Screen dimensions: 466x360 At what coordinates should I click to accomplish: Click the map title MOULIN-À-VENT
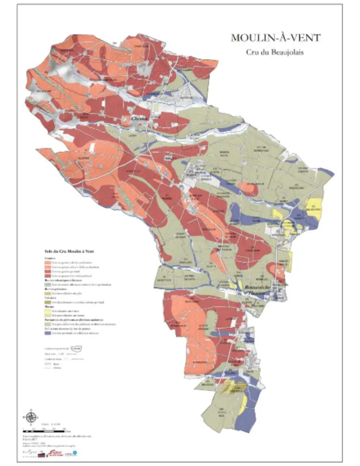pyautogui.click(x=275, y=38)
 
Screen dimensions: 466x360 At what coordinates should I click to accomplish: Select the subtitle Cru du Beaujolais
pyautogui.click(x=275, y=53)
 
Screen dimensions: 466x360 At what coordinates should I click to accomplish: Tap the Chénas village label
pyautogui.click(x=140, y=119)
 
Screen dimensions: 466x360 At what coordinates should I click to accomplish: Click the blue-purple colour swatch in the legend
pyautogui.click(x=48, y=332)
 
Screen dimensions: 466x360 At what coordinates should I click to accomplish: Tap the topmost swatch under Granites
pyautogui.click(x=48, y=263)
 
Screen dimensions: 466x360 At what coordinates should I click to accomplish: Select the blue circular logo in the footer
pyautogui.click(x=74, y=453)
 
